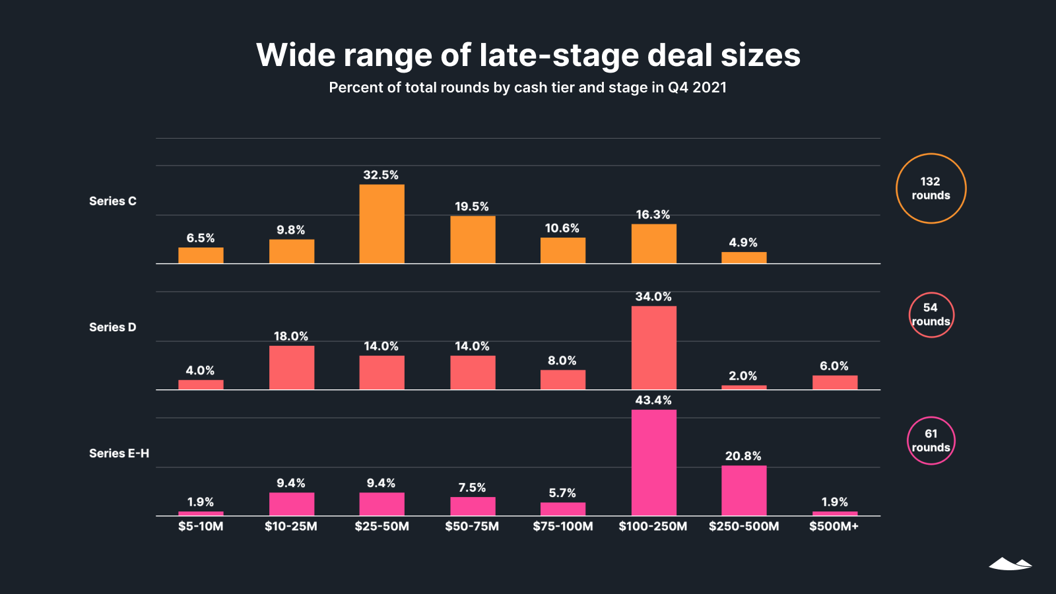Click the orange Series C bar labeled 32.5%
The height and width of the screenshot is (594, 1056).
point(381,224)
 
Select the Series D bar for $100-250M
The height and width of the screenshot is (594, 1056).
point(653,348)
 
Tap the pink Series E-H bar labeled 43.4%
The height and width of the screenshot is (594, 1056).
point(653,463)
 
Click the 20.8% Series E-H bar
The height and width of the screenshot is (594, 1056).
point(744,490)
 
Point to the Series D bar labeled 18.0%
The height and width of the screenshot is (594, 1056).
point(291,368)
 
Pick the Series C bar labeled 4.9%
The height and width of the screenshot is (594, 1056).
point(744,257)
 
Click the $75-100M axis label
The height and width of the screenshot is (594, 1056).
point(563,527)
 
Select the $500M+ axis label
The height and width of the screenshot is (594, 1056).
point(834,527)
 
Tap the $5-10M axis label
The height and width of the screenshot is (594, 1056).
point(201,527)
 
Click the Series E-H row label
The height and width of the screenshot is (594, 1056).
point(119,453)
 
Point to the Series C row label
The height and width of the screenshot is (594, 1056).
point(113,201)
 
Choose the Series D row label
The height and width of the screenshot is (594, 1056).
point(113,327)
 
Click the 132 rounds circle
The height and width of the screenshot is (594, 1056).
point(931,189)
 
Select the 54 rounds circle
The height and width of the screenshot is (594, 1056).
point(931,315)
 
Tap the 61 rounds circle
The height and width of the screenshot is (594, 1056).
point(931,441)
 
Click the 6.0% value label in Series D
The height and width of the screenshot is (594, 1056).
point(834,366)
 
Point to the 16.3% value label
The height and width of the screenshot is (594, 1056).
point(653,215)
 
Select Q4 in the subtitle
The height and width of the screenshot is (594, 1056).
point(678,88)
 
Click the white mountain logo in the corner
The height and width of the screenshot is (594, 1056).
point(1010,564)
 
